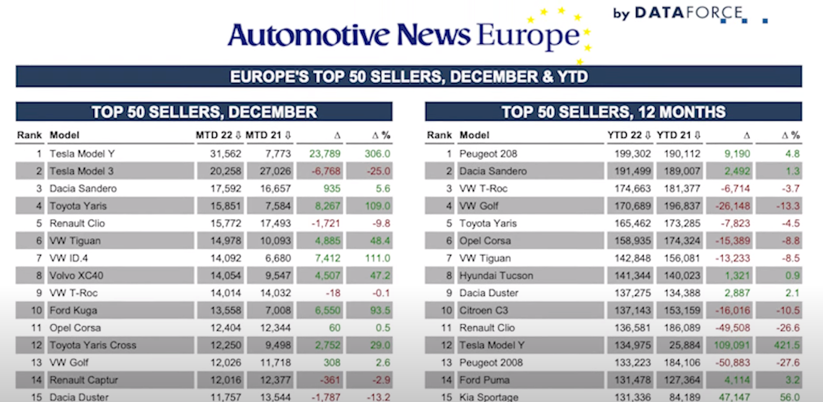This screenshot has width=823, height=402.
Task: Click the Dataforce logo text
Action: click(678, 13)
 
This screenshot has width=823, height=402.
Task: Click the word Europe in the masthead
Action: click(528, 36)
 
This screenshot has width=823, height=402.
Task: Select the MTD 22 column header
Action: click(218, 135)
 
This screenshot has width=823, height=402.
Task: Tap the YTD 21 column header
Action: click(679, 135)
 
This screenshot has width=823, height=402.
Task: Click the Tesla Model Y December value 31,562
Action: click(226, 154)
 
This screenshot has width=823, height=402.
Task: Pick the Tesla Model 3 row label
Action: click(82, 171)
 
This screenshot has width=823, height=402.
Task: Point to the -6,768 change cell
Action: click(325, 171)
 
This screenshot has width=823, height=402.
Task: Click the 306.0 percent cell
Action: click(377, 154)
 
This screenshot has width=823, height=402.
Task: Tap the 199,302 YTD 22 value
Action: click(633, 154)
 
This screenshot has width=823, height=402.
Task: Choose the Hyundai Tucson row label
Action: click(496, 276)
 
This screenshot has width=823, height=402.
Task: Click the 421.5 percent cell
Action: click(787, 345)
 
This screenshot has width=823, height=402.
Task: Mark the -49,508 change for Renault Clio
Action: click(733, 328)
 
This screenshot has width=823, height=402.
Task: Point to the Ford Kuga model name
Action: click(74, 310)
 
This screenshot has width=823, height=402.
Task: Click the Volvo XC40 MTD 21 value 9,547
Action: click(278, 276)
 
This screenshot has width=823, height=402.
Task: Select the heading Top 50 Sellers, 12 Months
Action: click(614, 112)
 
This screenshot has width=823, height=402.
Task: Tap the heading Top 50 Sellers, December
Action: click(204, 112)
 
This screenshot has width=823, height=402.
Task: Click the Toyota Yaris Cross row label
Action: click(93, 345)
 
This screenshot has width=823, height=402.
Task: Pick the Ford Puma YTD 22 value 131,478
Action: click(633, 380)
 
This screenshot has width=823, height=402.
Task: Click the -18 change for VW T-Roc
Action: click(333, 293)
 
